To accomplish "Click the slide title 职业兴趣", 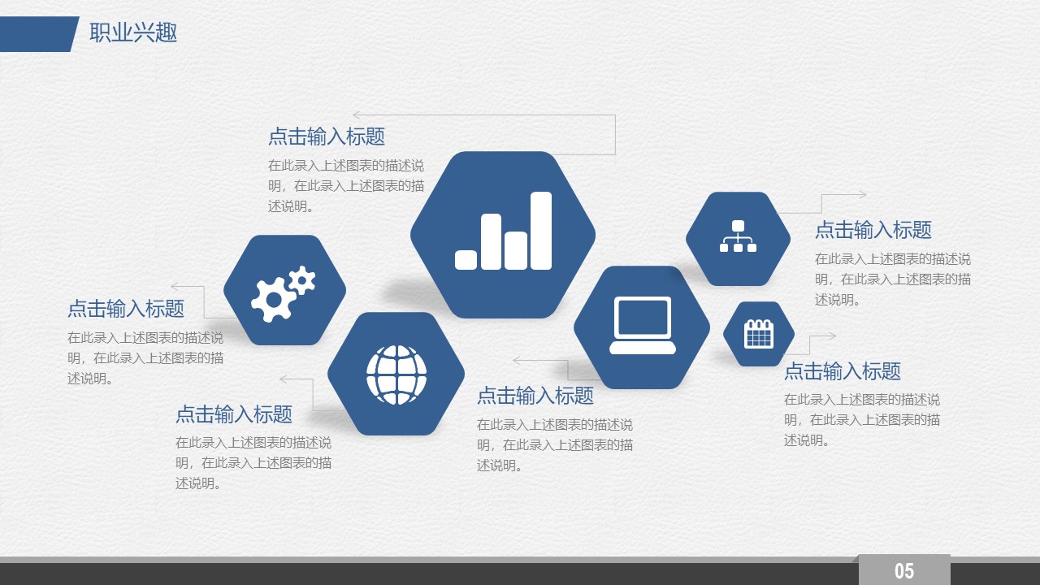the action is point(133,33).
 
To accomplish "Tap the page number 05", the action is point(904,570).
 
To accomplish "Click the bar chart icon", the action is point(503,231).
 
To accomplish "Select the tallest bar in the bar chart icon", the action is point(541,231).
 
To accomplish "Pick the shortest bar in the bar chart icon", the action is point(466,260).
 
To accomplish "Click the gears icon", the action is point(284,294).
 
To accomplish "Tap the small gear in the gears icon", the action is point(302,280).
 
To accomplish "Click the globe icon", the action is point(396,375).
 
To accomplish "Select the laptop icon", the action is point(643,326).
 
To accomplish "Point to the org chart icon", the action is point(739,236).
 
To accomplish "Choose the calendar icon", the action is point(759,334).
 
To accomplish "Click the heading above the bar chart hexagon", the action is point(327,136).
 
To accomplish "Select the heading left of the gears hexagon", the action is point(126,308).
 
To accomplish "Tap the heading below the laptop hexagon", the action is point(535,396).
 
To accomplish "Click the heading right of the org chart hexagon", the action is point(873,230).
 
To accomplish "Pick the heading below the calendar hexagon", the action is point(843,371).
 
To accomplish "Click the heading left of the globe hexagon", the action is point(234,414).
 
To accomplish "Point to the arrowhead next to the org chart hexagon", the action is point(862,195).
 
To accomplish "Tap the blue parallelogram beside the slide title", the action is point(40,34).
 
